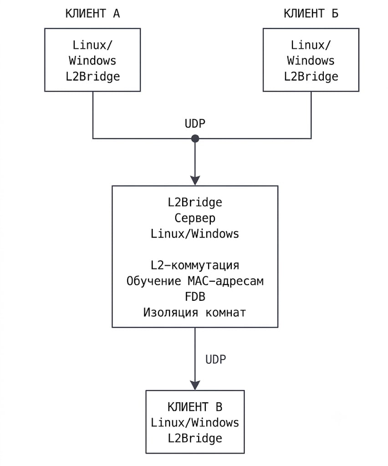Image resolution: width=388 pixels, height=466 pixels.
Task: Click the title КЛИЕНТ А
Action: pos(92,14)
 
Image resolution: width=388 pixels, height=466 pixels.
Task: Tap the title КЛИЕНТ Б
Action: pos(311,14)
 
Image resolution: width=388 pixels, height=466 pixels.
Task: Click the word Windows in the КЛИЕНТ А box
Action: pos(92,61)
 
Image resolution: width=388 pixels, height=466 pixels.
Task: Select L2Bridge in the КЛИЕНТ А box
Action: pos(93,76)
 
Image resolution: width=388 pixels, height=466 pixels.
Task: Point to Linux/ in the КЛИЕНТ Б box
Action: pos(311,45)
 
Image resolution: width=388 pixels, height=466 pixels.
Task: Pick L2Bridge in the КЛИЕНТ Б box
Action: pos(311,76)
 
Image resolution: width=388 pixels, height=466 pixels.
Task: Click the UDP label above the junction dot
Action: pos(195,123)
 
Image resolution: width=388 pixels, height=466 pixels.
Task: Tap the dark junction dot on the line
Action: pos(195,138)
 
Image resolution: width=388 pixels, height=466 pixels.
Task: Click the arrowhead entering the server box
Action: pos(195,180)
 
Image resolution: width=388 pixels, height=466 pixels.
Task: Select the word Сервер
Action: pos(195,218)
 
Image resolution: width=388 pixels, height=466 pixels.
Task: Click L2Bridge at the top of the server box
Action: pos(195,203)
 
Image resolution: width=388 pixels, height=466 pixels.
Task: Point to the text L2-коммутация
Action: pos(195,265)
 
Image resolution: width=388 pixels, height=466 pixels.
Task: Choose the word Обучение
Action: pos(154,281)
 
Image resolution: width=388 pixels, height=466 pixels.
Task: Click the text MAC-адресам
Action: pos(226,281)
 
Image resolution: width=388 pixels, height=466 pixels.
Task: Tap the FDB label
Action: pos(195,297)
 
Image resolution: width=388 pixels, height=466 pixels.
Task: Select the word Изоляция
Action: pos(171,312)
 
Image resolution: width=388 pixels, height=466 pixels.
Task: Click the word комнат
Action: pos(226,313)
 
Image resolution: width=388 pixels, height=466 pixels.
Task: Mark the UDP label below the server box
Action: pos(215,360)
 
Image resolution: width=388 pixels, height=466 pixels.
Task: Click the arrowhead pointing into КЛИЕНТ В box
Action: pos(195,385)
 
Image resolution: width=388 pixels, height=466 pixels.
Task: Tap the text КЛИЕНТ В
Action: pos(195,407)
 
